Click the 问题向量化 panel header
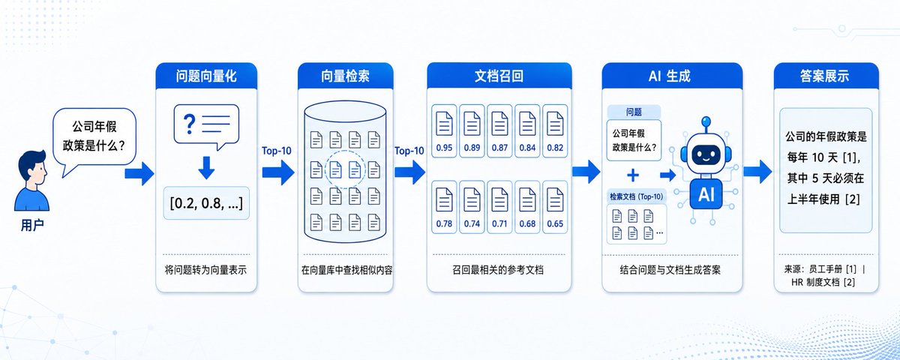(206, 76)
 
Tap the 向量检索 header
(345, 76)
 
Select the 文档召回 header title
(499, 76)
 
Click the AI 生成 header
(672, 76)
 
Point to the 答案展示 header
(826, 76)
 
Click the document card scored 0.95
(444, 130)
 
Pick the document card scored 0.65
(555, 207)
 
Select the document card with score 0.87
(499, 130)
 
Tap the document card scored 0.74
(472, 207)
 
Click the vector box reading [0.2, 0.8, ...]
(206, 203)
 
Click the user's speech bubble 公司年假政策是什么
(94, 139)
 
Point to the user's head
(33, 167)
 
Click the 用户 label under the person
(32, 225)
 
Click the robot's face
(706, 154)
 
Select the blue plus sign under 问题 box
(633, 175)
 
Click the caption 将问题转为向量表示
(205, 269)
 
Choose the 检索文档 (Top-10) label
(637, 196)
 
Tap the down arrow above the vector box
(206, 168)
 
